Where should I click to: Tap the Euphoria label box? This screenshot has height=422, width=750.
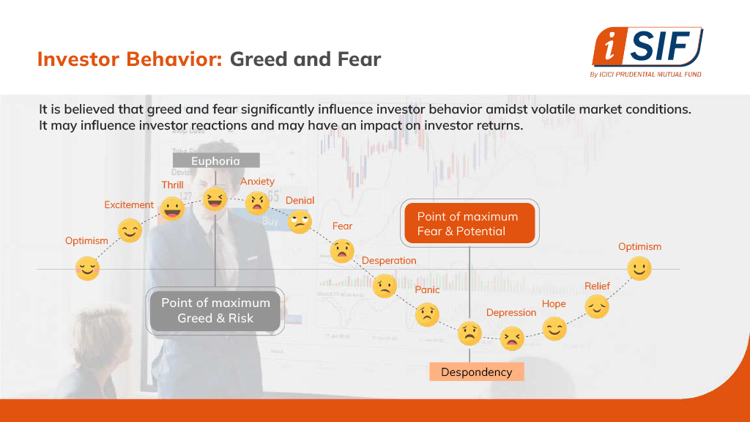[x=216, y=160]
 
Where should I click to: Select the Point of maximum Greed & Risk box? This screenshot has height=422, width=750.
[x=215, y=311]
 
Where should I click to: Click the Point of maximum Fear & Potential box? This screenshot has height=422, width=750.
[x=469, y=223]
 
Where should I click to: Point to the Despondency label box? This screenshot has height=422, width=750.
[x=476, y=371]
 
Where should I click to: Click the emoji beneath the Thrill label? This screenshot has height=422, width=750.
[x=172, y=209]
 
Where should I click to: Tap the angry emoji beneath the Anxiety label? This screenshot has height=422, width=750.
[x=257, y=204]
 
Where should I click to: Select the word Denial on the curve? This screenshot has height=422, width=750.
[x=300, y=201]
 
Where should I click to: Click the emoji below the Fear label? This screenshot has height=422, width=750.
[x=342, y=251]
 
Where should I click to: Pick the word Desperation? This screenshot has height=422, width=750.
[x=389, y=260]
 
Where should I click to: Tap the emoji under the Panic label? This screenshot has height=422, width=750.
[x=427, y=315]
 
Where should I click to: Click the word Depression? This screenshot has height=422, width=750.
[x=511, y=312]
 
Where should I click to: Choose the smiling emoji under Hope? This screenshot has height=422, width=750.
[x=554, y=329]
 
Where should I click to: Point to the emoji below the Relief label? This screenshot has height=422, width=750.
[x=597, y=307]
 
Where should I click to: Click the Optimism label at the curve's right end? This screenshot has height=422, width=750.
[x=639, y=247]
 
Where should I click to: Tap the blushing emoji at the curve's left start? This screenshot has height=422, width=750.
[x=88, y=268]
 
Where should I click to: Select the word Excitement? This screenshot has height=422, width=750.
[x=129, y=205]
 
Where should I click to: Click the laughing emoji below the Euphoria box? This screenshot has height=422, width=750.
[x=215, y=199]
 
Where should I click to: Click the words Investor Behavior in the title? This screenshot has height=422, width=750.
[x=130, y=59]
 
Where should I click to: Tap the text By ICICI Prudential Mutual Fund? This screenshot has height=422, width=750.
[x=646, y=74]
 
